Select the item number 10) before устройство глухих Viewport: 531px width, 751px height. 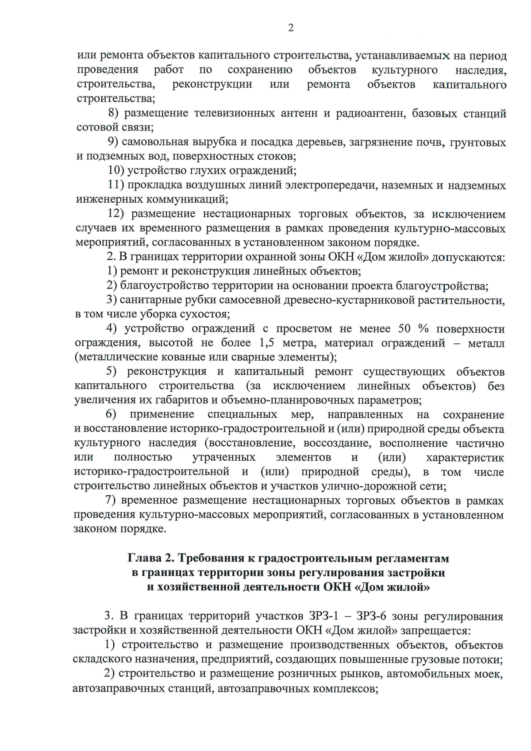(116, 171)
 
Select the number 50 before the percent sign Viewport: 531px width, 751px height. (406, 329)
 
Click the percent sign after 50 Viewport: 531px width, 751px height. (423, 329)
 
